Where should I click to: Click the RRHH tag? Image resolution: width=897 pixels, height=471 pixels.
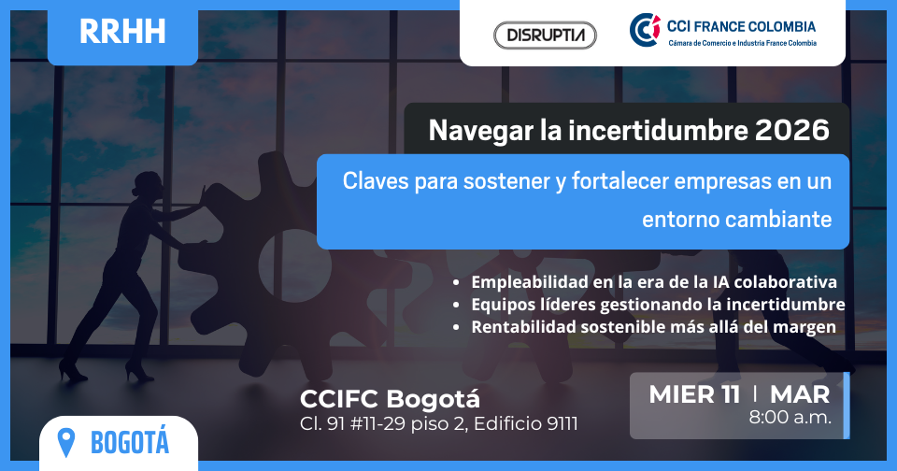pos(122,32)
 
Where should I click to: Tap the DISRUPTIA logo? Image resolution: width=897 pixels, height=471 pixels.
pos(545,36)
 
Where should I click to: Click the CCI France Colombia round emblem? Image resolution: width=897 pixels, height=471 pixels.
pos(645,30)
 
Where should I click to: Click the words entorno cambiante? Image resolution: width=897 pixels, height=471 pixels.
pos(737,220)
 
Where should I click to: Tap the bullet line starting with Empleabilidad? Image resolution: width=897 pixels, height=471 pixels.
pos(653,282)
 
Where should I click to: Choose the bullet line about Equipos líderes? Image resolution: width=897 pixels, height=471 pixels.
pos(658,305)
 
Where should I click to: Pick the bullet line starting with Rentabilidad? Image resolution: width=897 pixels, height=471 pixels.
pos(653,327)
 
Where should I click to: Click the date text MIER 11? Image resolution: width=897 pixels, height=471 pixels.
pos(694,395)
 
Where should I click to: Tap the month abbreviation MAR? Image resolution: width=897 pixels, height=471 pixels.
pos(800,395)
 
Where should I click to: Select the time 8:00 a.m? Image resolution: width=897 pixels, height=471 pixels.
pos(790,417)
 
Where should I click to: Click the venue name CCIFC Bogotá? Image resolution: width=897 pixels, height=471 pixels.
pos(391,399)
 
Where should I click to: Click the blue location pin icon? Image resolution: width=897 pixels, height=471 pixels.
pos(66,442)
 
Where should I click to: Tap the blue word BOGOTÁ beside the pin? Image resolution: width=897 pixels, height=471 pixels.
pos(130,442)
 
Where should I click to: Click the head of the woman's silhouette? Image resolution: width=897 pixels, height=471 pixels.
pos(145,185)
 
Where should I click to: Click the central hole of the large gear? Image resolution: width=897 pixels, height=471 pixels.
pos(295,265)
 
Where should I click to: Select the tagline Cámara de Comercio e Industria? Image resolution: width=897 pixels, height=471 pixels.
pos(743,43)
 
